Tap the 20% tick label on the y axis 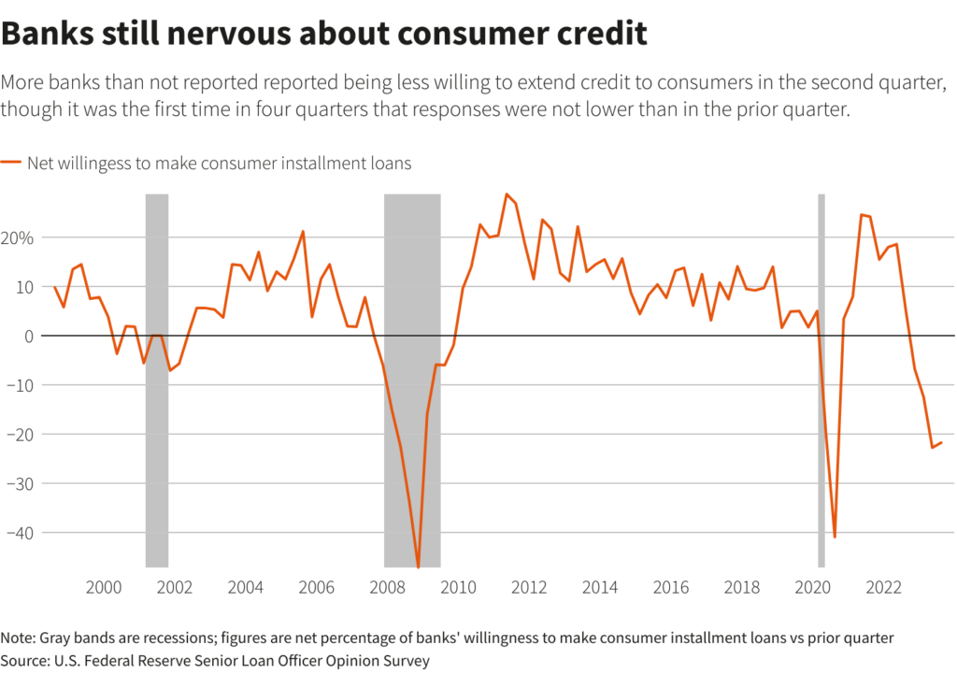(18, 237)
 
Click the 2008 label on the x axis (387, 588)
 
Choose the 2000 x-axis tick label (103, 588)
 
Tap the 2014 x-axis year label (599, 588)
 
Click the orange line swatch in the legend (11, 163)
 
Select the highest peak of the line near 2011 (506, 194)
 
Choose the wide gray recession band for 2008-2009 (412, 280)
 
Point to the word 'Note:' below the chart (19, 638)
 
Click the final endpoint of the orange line (941, 443)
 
